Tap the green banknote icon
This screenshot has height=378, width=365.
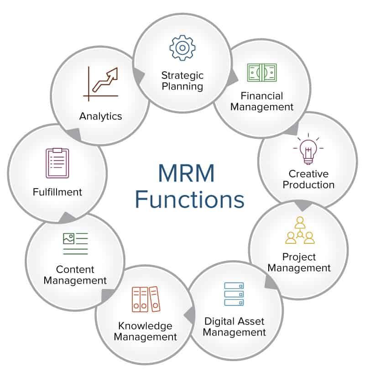pos(261,73)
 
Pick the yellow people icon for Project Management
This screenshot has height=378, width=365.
pos(300,231)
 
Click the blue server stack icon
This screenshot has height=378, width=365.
pos(234,294)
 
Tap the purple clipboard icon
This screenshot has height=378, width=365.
pos(57,163)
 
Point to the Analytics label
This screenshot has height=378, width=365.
pos(100,116)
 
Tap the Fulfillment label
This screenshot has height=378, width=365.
pos(57,192)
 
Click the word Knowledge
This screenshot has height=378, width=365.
pos(145,325)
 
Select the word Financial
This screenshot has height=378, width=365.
pos(262,96)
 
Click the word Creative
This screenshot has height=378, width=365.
pos(308,173)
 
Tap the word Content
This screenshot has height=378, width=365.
pos(75,269)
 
